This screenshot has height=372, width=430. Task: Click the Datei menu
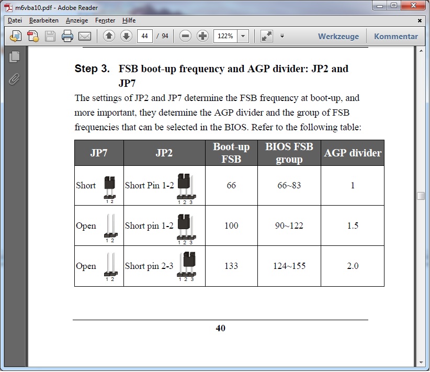point(15,20)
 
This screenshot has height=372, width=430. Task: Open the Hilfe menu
point(129,20)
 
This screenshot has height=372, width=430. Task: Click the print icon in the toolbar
point(67,36)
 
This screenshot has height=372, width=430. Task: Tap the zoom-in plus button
point(202,36)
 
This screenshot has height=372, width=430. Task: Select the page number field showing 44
point(145,36)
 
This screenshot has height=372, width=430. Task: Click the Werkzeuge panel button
point(338,37)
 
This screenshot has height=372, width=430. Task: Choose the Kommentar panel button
point(396,37)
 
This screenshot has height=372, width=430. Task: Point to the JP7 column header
point(99,153)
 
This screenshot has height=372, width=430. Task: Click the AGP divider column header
point(353,153)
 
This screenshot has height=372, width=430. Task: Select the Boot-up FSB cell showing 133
point(231,266)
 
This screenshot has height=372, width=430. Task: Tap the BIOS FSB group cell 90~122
point(288,226)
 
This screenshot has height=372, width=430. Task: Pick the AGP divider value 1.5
point(353,226)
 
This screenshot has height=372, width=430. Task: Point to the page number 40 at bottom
point(220,329)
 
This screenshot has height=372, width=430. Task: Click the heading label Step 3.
point(93,69)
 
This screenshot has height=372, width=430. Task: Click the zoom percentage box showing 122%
point(225,36)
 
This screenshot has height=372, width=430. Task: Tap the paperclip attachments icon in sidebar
point(14,79)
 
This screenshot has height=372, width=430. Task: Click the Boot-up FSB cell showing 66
point(231,185)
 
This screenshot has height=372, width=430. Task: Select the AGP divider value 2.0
point(353,266)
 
